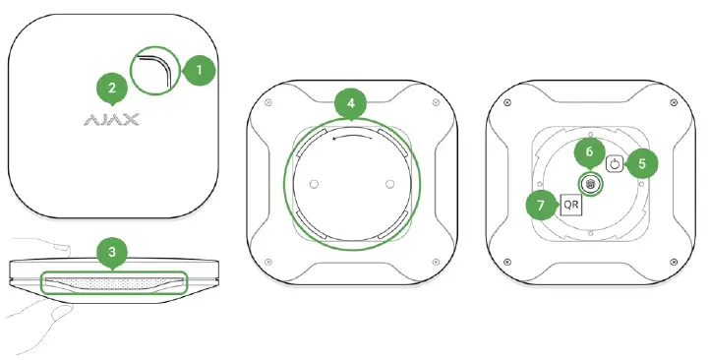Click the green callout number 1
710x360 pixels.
pyautogui.click(x=200, y=70)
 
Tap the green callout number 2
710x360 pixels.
pyautogui.click(x=112, y=89)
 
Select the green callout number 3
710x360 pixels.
pyautogui.click(x=112, y=252)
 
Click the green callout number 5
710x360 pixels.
pyautogui.click(x=642, y=164)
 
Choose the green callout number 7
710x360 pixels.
pyautogui.click(x=537, y=206)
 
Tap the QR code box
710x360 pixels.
pyautogui.click(x=570, y=205)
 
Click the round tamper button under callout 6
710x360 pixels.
pyautogui.click(x=590, y=184)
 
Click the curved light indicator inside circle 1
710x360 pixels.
pyautogui.click(x=156, y=71)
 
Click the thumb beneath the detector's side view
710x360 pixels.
pyautogui.click(x=44, y=317)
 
